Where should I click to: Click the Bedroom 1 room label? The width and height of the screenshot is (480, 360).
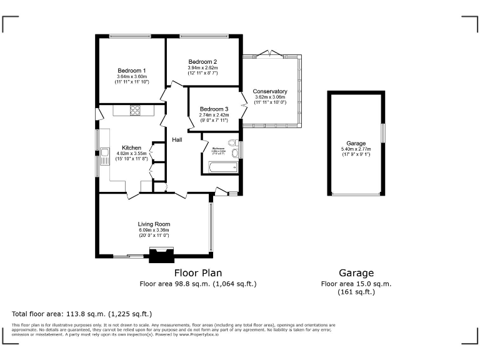point(131,71)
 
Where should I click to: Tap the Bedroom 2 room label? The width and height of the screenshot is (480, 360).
point(202,62)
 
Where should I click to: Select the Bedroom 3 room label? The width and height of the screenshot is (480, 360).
point(214,109)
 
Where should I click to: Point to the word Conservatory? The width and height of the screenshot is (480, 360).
point(270,92)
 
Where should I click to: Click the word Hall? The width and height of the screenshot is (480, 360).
point(177,139)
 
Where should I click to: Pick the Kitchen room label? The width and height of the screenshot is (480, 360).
point(131,147)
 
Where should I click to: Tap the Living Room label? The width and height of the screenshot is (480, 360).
point(154,224)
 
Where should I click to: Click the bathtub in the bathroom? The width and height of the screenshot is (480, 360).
point(220,167)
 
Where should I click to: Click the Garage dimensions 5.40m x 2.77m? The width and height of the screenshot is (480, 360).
point(356,149)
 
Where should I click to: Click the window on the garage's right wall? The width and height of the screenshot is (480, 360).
point(383,133)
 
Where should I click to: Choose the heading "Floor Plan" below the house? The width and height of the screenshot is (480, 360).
point(197,273)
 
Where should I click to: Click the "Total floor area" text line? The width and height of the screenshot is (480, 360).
point(82,314)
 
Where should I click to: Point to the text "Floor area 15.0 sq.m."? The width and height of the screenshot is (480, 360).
point(356,283)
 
